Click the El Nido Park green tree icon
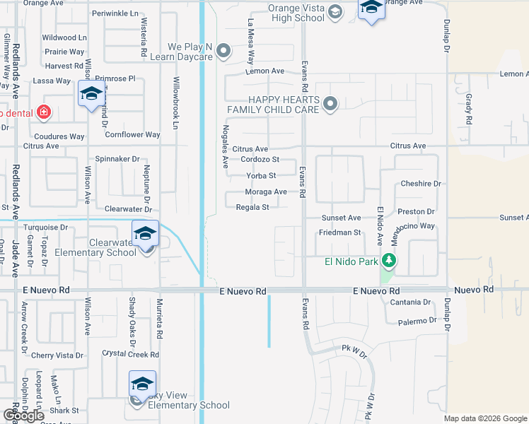388,261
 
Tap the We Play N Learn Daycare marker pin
224,50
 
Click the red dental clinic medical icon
44,112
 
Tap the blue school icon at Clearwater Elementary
145,234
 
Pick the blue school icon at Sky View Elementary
142,385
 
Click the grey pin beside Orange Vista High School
335,11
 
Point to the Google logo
23,416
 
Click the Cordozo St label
260,160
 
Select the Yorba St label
261,175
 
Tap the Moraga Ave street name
265,192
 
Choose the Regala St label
252,207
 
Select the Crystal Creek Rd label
130,355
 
